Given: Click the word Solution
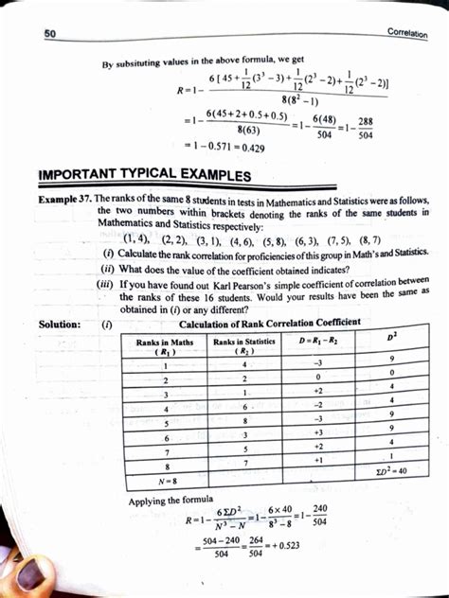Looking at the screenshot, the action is point(59,324).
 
